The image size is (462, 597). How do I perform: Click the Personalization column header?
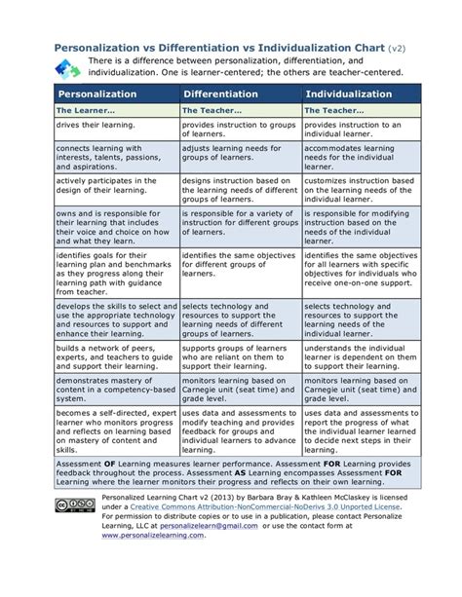point(102,93)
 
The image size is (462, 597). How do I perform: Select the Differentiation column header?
point(220,93)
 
